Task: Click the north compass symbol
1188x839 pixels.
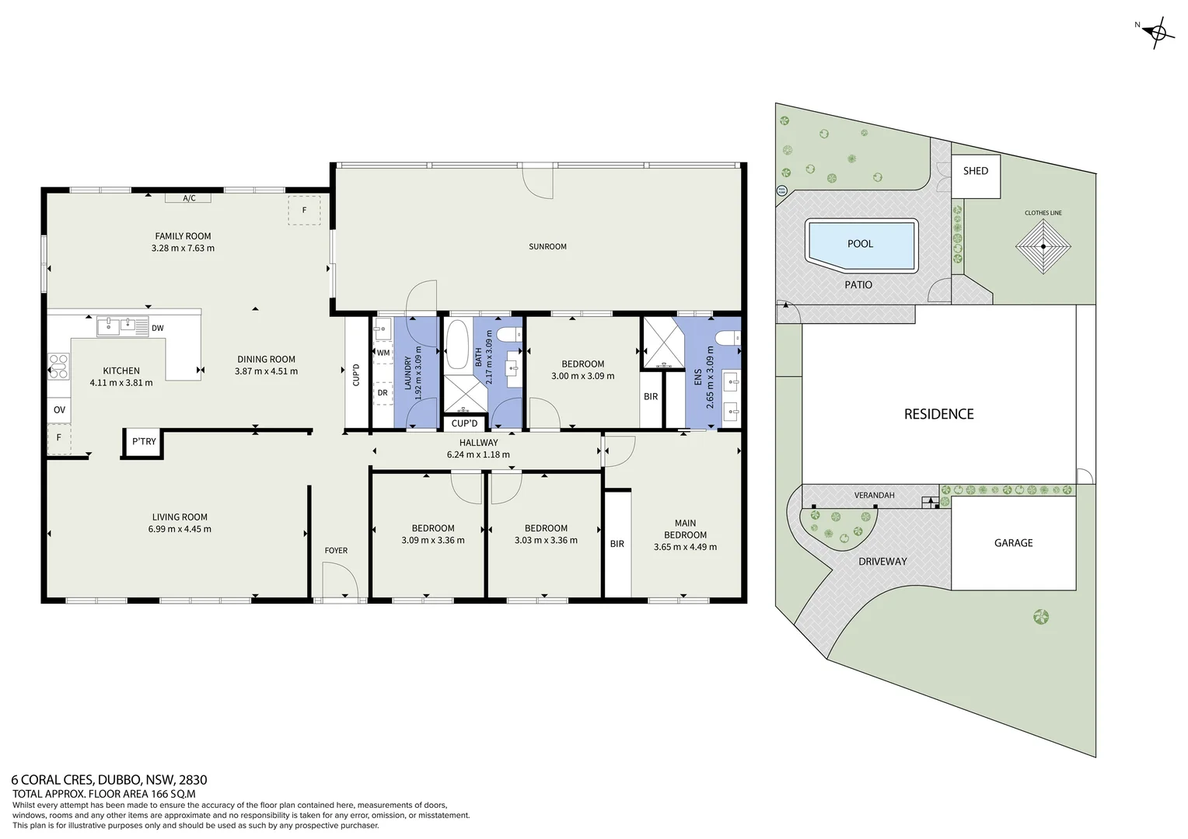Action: (x=1158, y=33)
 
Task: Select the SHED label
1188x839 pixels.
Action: (x=976, y=171)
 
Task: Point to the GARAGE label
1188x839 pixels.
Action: (x=1014, y=543)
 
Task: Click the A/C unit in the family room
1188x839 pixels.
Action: (x=188, y=197)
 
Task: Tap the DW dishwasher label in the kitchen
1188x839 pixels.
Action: (x=158, y=328)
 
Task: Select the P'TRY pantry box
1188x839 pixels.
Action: (x=143, y=442)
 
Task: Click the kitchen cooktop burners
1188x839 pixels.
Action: (x=58, y=366)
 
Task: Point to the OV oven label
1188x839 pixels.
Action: (x=59, y=409)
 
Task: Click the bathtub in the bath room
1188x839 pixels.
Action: (x=457, y=344)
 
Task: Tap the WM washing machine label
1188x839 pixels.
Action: (x=383, y=353)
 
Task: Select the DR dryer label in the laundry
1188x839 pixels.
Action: (x=383, y=393)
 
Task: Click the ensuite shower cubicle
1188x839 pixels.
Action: (x=664, y=343)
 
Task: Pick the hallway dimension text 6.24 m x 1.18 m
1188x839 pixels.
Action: (x=478, y=454)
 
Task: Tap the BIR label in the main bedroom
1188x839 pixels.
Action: (x=617, y=544)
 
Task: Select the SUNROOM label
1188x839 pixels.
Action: (x=547, y=246)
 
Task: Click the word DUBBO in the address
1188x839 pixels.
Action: (x=119, y=780)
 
